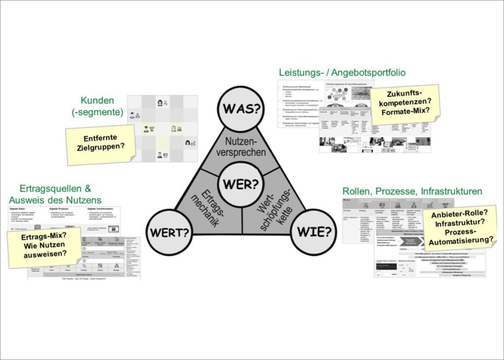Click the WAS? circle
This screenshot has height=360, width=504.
(241, 109)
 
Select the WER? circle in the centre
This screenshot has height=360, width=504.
(241, 184)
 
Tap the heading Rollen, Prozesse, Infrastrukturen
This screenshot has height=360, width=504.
(412, 191)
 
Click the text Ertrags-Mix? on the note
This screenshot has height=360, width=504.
(45, 237)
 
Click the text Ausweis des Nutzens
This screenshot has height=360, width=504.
(55, 199)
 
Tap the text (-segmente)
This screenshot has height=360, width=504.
(100, 112)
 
